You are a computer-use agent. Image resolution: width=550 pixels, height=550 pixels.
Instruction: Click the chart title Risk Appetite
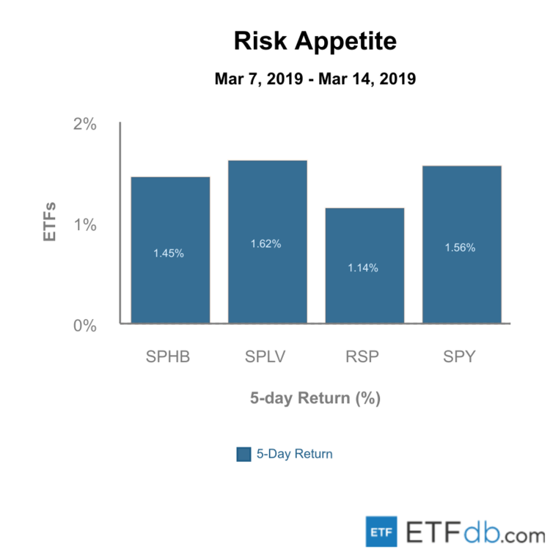tap(315, 41)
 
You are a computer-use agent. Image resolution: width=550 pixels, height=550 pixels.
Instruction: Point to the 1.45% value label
tap(169, 253)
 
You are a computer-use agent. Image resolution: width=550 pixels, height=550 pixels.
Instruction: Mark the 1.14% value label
tap(363, 268)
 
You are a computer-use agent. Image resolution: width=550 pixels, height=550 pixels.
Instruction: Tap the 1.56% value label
tap(460, 247)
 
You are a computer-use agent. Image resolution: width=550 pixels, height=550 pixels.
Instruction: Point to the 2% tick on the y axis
tap(85, 124)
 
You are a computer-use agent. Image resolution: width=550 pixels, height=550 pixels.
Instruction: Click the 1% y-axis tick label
tap(85, 225)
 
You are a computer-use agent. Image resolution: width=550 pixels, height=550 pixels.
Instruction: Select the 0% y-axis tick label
tap(85, 326)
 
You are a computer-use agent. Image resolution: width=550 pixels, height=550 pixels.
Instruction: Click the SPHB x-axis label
tap(169, 358)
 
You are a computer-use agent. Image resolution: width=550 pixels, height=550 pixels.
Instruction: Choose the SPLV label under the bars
tap(266, 358)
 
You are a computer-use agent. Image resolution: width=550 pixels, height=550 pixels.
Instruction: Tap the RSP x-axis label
tap(364, 358)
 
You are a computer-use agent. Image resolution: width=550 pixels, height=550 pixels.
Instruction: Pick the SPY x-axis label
tap(461, 358)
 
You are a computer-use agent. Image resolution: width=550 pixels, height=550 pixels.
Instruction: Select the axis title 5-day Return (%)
tap(315, 399)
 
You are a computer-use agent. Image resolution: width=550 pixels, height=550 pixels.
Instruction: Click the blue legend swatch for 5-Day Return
tap(244, 454)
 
